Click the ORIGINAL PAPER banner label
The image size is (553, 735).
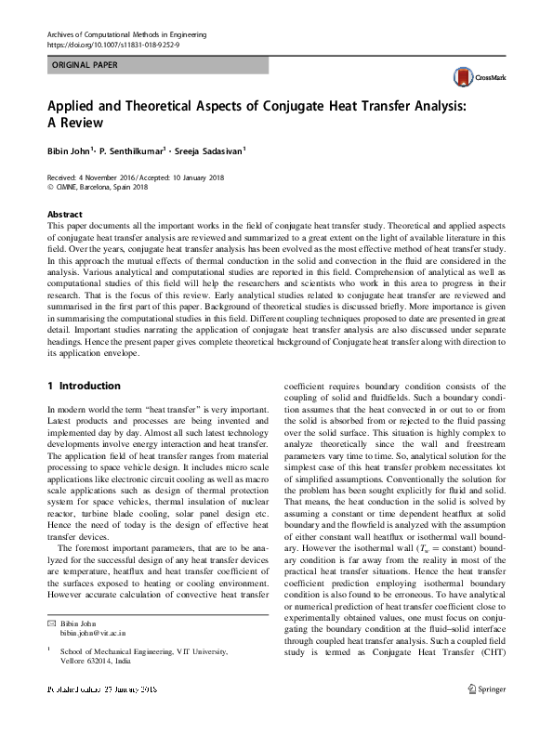84,66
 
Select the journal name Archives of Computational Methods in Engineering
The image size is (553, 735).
125,33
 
